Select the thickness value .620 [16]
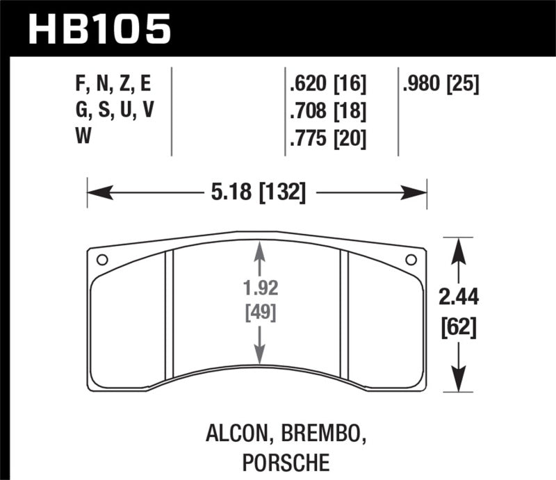(x=327, y=85)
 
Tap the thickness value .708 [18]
(x=327, y=111)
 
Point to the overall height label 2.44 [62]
(x=458, y=313)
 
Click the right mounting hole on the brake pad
(x=411, y=260)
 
